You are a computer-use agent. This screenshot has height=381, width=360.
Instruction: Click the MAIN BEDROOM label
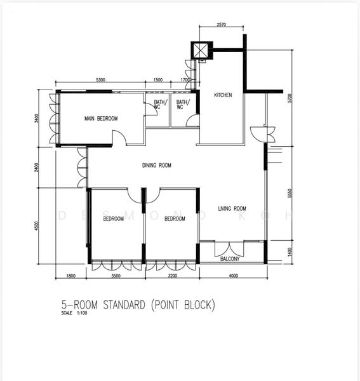coord(100,119)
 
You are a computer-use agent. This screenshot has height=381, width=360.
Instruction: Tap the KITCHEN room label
coord(223,95)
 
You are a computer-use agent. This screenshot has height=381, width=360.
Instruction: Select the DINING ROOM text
coord(156,166)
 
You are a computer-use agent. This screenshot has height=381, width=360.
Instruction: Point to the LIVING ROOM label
coord(232,208)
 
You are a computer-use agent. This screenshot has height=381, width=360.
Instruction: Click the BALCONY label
coord(229,259)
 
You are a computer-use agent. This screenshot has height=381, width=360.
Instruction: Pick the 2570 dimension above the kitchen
coord(221,25)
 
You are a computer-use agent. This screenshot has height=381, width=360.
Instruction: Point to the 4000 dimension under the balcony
coord(233,276)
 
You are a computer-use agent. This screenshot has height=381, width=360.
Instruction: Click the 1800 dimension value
coord(71,276)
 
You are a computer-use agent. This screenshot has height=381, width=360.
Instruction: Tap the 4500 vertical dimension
coord(37,225)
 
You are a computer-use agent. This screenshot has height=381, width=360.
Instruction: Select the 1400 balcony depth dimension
coord(290,252)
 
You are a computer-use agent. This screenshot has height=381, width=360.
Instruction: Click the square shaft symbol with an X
coord(200,51)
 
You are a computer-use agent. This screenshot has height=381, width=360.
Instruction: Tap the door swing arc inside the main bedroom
coord(119,137)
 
